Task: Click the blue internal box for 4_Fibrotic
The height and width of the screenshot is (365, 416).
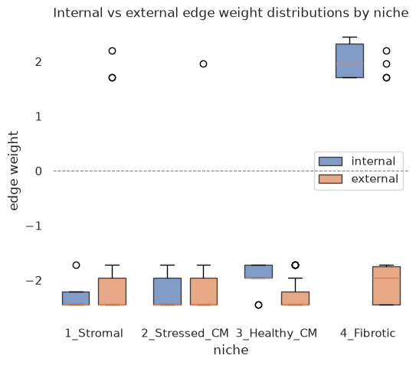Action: point(349,60)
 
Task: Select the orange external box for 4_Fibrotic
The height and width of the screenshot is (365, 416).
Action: point(386,285)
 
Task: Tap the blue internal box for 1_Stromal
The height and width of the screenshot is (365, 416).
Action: point(76,298)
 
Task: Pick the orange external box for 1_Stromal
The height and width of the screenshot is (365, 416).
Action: point(112,292)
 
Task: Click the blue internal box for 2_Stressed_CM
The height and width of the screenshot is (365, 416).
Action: point(168,292)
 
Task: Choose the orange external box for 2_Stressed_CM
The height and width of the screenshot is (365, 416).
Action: point(204,292)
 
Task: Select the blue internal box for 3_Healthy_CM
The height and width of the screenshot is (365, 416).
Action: point(258,272)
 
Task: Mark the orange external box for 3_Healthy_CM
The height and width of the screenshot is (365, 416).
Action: point(295,298)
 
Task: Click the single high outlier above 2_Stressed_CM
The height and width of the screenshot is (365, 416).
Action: point(203,64)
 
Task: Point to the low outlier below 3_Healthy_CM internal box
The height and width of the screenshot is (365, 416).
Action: point(258,305)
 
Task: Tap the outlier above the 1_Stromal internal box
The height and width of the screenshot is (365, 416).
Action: point(76,265)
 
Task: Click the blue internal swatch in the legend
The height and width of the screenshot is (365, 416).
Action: point(330,161)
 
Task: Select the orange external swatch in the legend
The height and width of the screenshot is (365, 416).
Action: point(330,179)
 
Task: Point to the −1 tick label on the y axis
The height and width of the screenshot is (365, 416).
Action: point(34,226)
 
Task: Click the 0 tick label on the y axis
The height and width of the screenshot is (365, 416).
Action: point(38,171)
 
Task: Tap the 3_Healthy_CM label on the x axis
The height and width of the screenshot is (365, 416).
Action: point(277,333)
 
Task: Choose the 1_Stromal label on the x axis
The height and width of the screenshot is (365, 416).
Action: point(94,333)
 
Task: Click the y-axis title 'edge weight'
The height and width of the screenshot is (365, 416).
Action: point(14,171)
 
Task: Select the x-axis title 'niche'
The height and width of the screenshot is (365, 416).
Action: point(231,350)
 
